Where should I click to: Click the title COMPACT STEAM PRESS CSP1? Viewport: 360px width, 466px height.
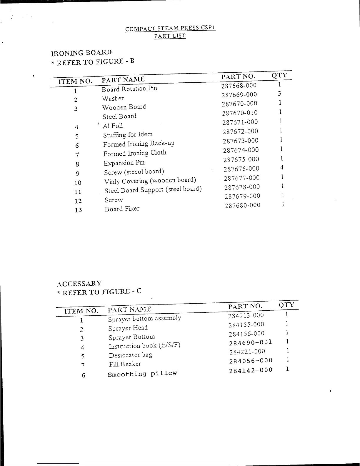(171, 29)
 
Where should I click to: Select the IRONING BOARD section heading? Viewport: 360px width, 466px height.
(81, 53)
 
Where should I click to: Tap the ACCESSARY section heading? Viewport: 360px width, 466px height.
(79, 284)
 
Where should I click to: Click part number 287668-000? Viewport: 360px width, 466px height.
(239, 86)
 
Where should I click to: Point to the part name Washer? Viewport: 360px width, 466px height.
(113, 98)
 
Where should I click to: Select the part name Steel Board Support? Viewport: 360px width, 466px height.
(153, 189)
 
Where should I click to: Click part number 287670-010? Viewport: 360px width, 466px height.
(240, 113)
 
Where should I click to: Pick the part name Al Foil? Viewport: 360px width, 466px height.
(113, 126)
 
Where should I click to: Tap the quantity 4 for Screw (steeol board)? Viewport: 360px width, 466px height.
(282, 168)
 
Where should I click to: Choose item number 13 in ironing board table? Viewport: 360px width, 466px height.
(78, 210)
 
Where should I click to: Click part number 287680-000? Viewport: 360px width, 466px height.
(242, 205)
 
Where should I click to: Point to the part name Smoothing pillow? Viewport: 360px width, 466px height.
(142, 374)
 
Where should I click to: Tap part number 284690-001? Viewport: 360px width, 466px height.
(251, 342)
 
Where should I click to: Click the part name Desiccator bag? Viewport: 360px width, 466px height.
(130, 355)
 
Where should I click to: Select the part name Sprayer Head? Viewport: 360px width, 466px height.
(128, 328)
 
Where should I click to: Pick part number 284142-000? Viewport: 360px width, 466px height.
(251, 370)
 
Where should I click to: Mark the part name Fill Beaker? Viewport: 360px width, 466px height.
(125, 364)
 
